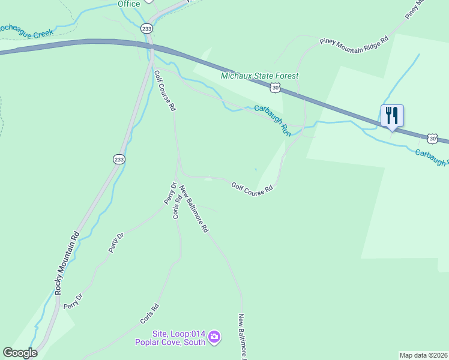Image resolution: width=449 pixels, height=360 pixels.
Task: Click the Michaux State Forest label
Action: pos(259,76)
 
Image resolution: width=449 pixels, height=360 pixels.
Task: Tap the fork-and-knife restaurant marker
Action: pos(392,115)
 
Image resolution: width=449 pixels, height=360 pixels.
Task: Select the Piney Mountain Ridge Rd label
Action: pos(354,45)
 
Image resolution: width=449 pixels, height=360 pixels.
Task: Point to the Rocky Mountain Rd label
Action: pos(66,262)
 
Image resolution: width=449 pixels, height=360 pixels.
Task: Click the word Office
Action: pos(128,4)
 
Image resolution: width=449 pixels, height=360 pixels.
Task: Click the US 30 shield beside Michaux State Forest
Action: pos(275,88)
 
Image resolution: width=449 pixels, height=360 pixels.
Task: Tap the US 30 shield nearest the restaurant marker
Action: pos(433,138)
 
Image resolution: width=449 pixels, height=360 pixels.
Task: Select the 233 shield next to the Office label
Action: pos(147,29)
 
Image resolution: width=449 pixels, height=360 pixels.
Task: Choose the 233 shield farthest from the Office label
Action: pos(119,159)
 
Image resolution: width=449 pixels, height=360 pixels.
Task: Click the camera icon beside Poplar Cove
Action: pos(215,338)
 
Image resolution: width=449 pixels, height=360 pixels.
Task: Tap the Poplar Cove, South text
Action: pos(170,343)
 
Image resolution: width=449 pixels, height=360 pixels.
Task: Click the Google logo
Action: pos(20,353)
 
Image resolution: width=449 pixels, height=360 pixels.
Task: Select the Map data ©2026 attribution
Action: pos(423,355)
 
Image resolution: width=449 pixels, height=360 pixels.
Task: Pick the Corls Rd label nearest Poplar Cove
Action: pos(149,314)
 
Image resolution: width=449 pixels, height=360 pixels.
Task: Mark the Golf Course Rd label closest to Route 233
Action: pos(164,91)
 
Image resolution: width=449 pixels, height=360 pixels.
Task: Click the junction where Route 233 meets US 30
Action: pos(150,47)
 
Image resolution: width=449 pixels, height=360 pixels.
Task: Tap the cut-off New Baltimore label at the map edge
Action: pos(242,336)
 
